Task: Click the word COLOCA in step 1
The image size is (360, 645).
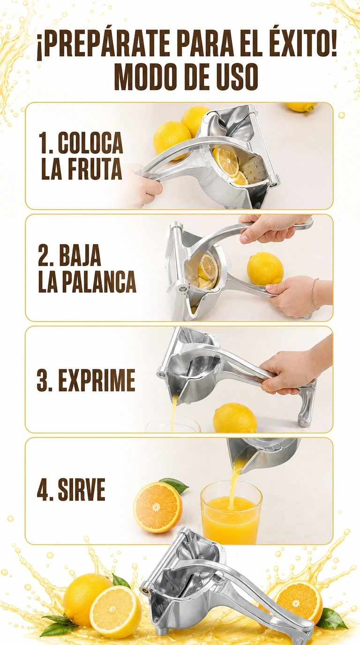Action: point(90,143)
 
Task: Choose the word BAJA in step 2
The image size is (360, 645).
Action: point(80,255)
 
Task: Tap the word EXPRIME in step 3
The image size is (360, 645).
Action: point(97,380)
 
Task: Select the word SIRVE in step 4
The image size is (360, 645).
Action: point(82,490)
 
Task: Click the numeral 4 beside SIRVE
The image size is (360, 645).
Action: point(44,490)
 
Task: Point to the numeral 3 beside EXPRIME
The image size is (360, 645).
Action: point(44,380)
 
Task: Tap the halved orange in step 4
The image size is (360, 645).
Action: point(157,507)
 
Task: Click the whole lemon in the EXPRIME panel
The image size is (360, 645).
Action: point(234,418)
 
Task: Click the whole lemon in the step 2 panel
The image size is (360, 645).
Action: point(265,269)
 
